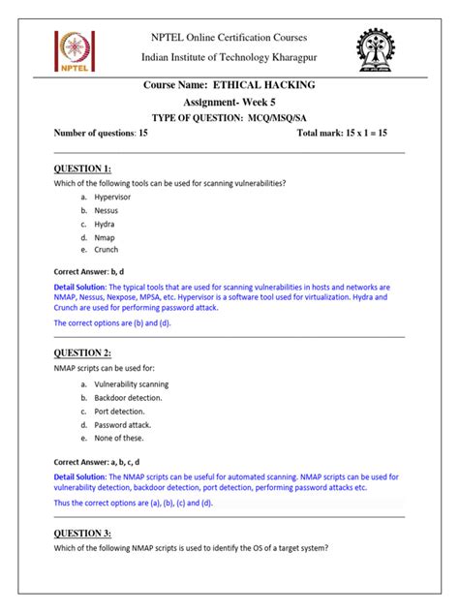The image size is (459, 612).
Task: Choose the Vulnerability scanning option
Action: (131, 383)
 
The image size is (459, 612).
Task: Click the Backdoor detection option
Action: (129, 397)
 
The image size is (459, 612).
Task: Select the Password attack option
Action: (122, 424)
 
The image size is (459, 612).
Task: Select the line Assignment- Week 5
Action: (229, 102)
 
